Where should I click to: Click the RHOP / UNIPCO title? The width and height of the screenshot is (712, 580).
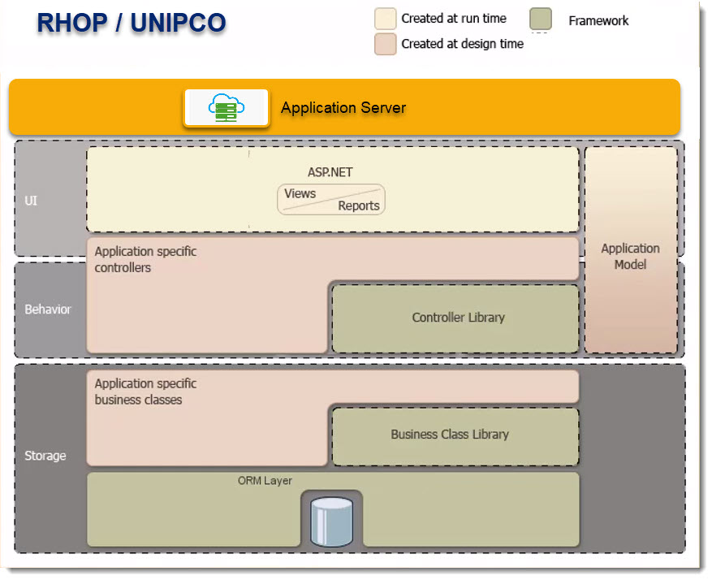[x=131, y=23]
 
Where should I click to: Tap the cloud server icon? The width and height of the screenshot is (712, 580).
[x=227, y=107]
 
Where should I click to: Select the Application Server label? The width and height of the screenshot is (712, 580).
[x=343, y=107]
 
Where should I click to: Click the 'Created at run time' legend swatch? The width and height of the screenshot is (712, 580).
[x=385, y=19]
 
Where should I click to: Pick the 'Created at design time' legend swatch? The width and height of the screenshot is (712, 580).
[x=385, y=44]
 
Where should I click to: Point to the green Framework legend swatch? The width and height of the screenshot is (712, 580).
[x=541, y=19]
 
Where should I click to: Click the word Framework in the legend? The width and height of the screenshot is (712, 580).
[x=598, y=20]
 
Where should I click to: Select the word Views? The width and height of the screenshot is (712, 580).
[x=300, y=193]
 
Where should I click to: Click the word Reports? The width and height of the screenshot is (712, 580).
[x=359, y=206]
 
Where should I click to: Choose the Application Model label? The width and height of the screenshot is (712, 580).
[x=630, y=256]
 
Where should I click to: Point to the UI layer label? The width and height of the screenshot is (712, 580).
[x=31, y=201]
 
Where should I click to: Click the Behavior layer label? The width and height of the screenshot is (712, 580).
[x=48, y=309]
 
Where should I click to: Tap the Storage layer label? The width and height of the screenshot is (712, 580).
[x=45, y=456]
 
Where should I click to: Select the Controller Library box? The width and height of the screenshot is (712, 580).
[x=458, y=318]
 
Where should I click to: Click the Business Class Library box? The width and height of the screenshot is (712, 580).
[x=450, y=435]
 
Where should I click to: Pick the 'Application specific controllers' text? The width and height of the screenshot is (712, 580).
[x=145, y=259]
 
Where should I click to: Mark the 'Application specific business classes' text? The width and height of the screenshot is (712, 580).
[x=145, y=392]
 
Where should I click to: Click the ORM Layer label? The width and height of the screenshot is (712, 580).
[x=265, y=481]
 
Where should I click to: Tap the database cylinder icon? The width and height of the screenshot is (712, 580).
[x=331, y=521]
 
